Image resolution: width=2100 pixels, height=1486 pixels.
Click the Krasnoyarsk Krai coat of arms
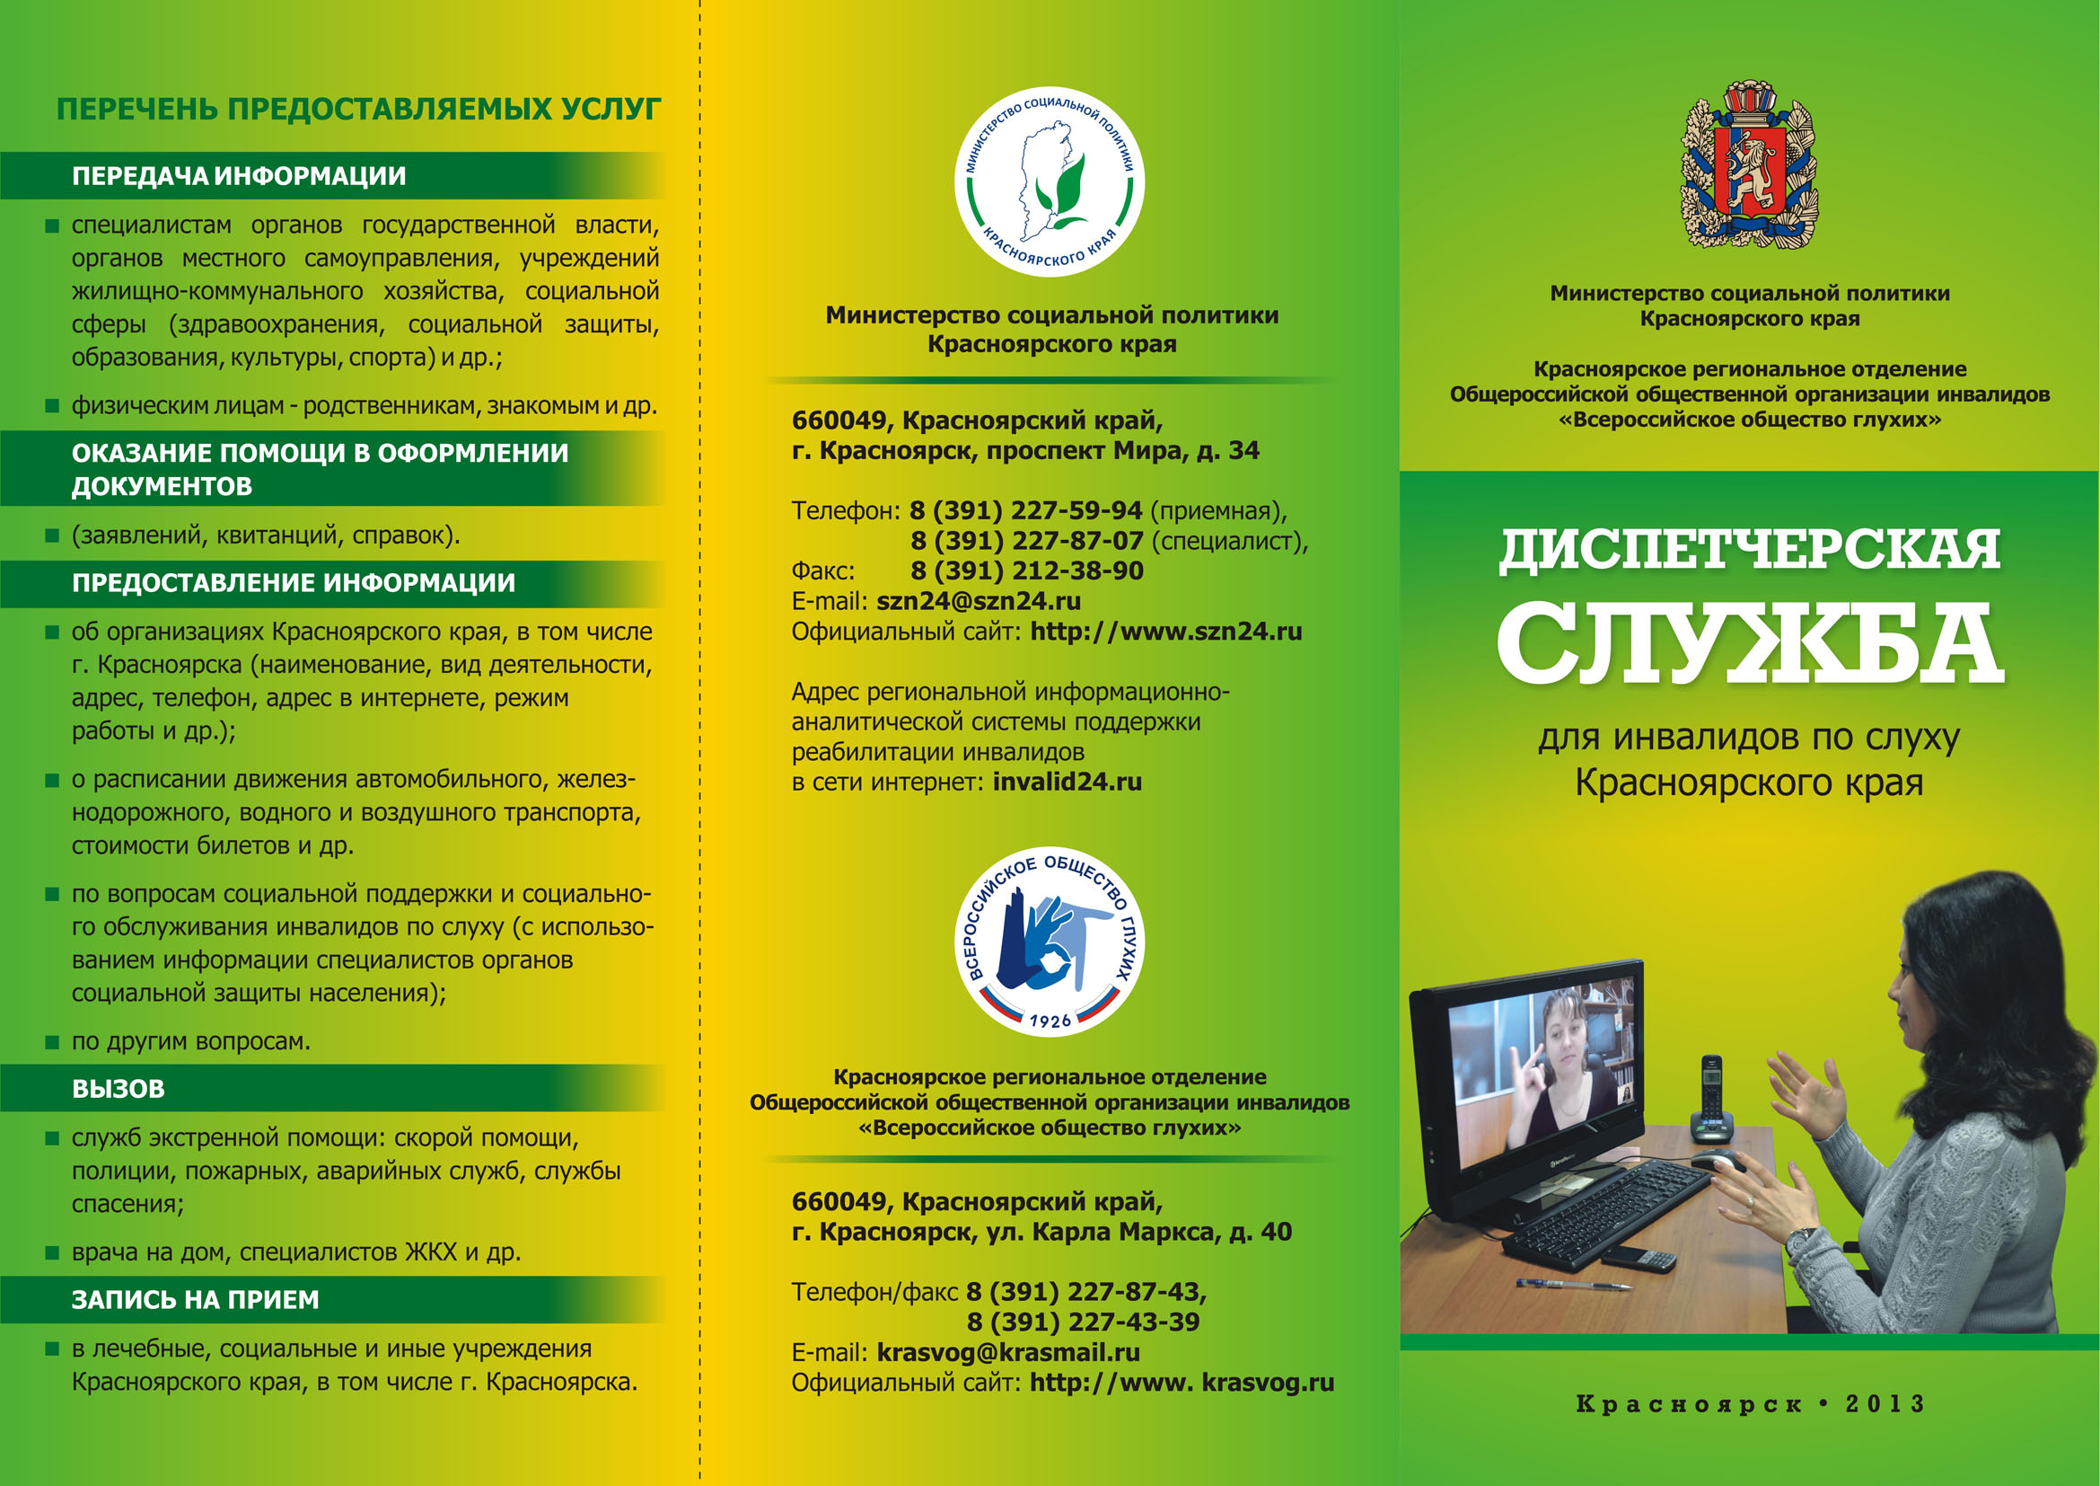point(1749,165)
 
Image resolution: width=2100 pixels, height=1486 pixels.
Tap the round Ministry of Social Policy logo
point(1049,182)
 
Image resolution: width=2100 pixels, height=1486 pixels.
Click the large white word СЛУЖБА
point(1749,643)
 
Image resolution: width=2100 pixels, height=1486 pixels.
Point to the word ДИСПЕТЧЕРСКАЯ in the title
point(1749,550)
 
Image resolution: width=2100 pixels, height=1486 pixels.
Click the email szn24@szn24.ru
point(978,601)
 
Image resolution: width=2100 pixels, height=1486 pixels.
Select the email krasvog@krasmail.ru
point(1008,1352)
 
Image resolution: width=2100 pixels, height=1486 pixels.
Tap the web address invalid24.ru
point(1067,783)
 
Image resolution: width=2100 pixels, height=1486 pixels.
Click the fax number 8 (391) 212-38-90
point(1026,571)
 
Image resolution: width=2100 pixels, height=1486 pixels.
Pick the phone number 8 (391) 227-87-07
point(1026,541)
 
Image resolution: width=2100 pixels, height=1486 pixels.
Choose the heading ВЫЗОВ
point(118,1089)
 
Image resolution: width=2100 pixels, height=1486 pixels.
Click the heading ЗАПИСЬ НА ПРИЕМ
point(195,1299)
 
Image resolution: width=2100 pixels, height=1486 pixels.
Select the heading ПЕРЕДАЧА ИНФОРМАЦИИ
point(239,176)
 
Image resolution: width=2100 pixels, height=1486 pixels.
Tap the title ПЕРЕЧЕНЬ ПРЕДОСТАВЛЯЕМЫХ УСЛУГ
point(358,109)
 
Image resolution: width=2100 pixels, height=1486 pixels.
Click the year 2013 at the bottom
point(1885,1403)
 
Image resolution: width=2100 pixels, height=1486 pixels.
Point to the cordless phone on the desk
point(1709,1099)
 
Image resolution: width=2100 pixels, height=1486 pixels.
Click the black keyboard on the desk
point(1605,1212)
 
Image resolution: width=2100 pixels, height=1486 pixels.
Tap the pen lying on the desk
point(1572,1285)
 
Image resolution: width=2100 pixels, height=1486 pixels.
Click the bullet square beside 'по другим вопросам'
point(52,1042)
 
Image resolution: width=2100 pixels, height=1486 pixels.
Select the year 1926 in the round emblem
point(1049,1021)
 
